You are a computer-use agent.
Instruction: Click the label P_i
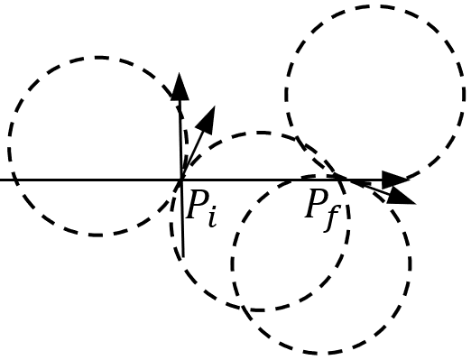coord(200,208)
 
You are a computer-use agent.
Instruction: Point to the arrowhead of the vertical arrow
coord(180,87)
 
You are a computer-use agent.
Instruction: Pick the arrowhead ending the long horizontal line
coord(395,180)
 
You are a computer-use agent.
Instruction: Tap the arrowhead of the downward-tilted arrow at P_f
coord(402,196)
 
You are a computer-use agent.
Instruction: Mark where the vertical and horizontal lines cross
coord(181,180)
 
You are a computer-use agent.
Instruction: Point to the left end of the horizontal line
coord(3,180)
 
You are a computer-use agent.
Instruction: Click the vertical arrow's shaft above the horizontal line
coord(180,135)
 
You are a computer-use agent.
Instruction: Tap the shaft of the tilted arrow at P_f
coord(370,187)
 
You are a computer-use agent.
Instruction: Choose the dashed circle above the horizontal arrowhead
coord(375,95)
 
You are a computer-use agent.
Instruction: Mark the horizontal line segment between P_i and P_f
coord(262,180)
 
